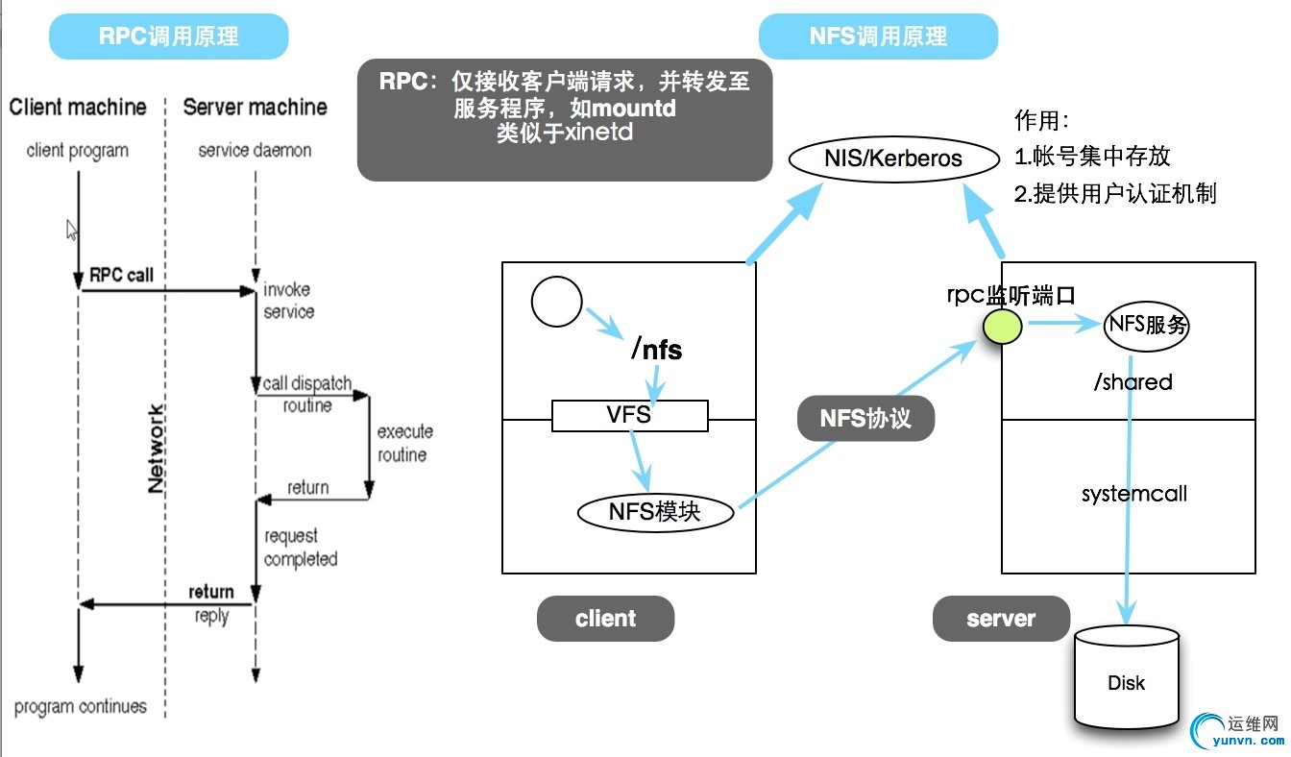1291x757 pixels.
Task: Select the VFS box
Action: point(629,415)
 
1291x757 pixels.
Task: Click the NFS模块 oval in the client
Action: point(655,511)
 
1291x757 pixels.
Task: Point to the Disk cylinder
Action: point(1126,677)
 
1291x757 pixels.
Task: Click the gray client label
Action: point(605,619)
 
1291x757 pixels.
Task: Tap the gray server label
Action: point(1001,619)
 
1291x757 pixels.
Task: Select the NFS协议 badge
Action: point(865,419)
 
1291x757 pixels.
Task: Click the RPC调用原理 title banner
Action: point(169,37)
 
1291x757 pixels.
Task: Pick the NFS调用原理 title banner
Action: point(878,37)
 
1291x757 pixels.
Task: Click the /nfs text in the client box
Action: point(657,350)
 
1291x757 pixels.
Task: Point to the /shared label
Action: point(1133,381)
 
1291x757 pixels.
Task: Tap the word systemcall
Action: point(1134,494)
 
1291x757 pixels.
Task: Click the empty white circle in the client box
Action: point(556,301)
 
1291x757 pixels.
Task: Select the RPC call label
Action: point(121,275)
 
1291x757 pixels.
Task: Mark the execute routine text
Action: point(404,443)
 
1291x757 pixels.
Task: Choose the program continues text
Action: point(81,707)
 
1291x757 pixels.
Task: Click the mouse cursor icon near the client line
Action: point(71,230)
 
